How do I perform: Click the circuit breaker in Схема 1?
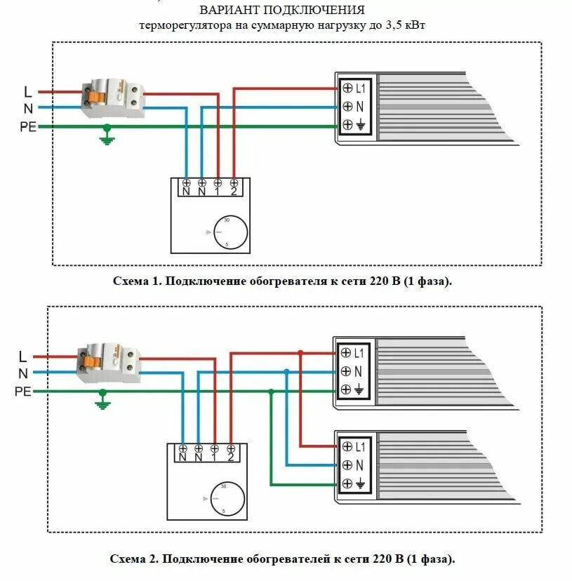[112, 100]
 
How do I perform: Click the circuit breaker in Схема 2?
[109, 363]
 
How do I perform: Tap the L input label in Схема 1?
[28, 92]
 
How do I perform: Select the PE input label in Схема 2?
[23, 392]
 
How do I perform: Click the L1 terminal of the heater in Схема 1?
[347, 88]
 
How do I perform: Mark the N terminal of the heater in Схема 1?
[347, 107]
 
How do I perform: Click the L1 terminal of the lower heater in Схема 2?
[345, 446]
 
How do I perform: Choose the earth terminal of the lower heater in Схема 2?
[345, 483]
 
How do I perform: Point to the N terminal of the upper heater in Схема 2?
[345, 371]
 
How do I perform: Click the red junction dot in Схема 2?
[300, 352]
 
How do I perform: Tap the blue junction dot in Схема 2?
[286, 371]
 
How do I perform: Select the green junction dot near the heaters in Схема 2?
[271, 391]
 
